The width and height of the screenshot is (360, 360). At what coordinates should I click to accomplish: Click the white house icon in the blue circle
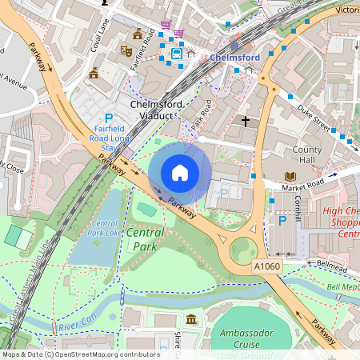[180, 172]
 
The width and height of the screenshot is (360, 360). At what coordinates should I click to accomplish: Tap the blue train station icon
[174, 53]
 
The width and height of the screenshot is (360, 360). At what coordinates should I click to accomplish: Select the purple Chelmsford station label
[235, 58]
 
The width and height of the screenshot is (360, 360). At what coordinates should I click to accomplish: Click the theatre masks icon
[126, 50]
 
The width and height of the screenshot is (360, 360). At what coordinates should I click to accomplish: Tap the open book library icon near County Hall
[289, 177]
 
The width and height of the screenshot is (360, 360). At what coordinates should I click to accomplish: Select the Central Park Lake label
[110, 227]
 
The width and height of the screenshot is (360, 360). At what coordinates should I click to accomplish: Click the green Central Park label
[145, 239]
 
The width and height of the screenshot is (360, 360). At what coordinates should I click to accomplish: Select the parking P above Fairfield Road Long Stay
[109, 118]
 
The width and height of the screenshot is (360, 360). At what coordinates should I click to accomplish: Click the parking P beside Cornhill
[282, 221]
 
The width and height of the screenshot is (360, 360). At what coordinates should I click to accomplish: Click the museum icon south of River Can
[191, 321]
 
